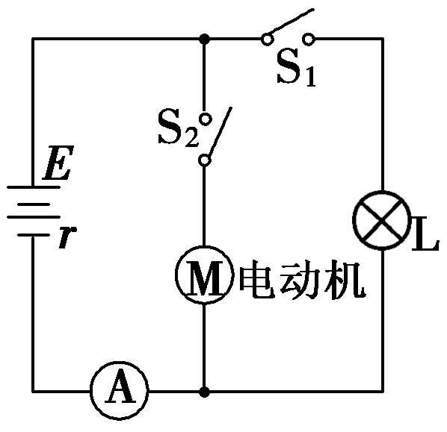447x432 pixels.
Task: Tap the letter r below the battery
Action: tap(67, 238)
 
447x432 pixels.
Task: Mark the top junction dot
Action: tap(204, 38)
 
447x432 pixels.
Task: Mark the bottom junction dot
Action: tap(204, 390)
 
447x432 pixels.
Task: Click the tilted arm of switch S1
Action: tap(289, 24)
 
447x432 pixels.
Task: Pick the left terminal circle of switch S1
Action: tap(265, 38)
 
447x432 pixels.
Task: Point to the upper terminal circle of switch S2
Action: tap(204, 116)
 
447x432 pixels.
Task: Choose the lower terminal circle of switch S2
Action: tap(204, 160)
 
